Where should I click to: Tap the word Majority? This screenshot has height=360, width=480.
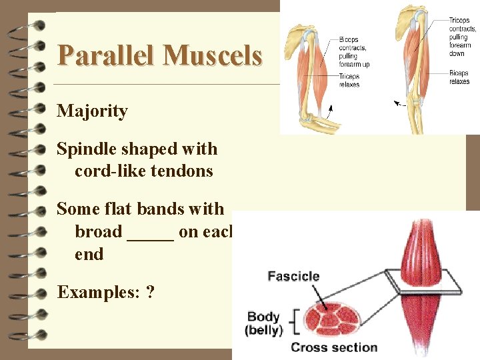92,111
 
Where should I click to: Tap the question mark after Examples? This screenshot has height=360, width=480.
150,292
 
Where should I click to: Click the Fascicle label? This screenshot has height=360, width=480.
293,275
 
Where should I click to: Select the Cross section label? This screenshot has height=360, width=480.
334,347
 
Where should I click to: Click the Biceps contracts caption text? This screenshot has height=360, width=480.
353,52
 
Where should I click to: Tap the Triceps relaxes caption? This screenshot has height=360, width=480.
350,81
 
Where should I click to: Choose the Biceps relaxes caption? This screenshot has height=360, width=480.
459,77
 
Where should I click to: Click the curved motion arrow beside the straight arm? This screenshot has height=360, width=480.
400,103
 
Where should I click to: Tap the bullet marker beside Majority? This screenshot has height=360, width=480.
38,111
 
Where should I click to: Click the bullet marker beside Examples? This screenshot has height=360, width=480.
38,292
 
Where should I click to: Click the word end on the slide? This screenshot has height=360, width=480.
89,254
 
